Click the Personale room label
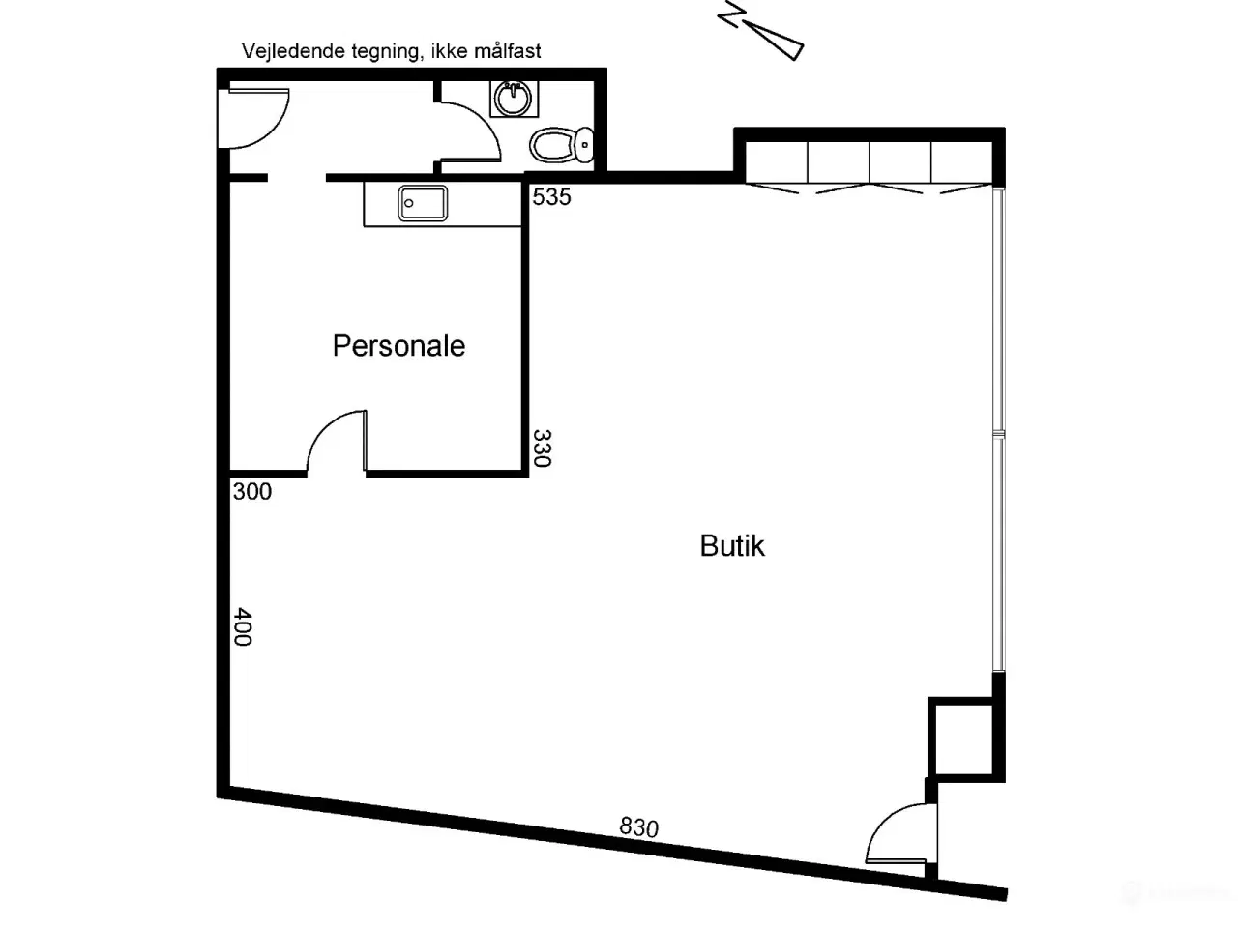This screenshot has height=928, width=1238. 398,346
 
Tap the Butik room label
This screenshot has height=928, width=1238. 732,545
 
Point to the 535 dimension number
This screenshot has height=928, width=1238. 551,196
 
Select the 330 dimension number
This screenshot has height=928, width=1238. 542,449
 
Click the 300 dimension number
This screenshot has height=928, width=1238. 252,491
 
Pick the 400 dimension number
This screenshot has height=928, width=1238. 243,626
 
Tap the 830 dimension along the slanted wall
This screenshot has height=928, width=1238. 638,827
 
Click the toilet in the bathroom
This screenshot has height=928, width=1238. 561,144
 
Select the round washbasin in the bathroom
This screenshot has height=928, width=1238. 514,99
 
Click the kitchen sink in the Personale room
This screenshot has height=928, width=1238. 423,203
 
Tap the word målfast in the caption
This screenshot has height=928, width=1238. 508,50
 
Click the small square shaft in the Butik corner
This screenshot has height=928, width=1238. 965,739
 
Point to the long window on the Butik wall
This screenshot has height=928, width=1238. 998,431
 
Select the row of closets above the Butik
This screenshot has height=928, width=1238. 869,162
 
